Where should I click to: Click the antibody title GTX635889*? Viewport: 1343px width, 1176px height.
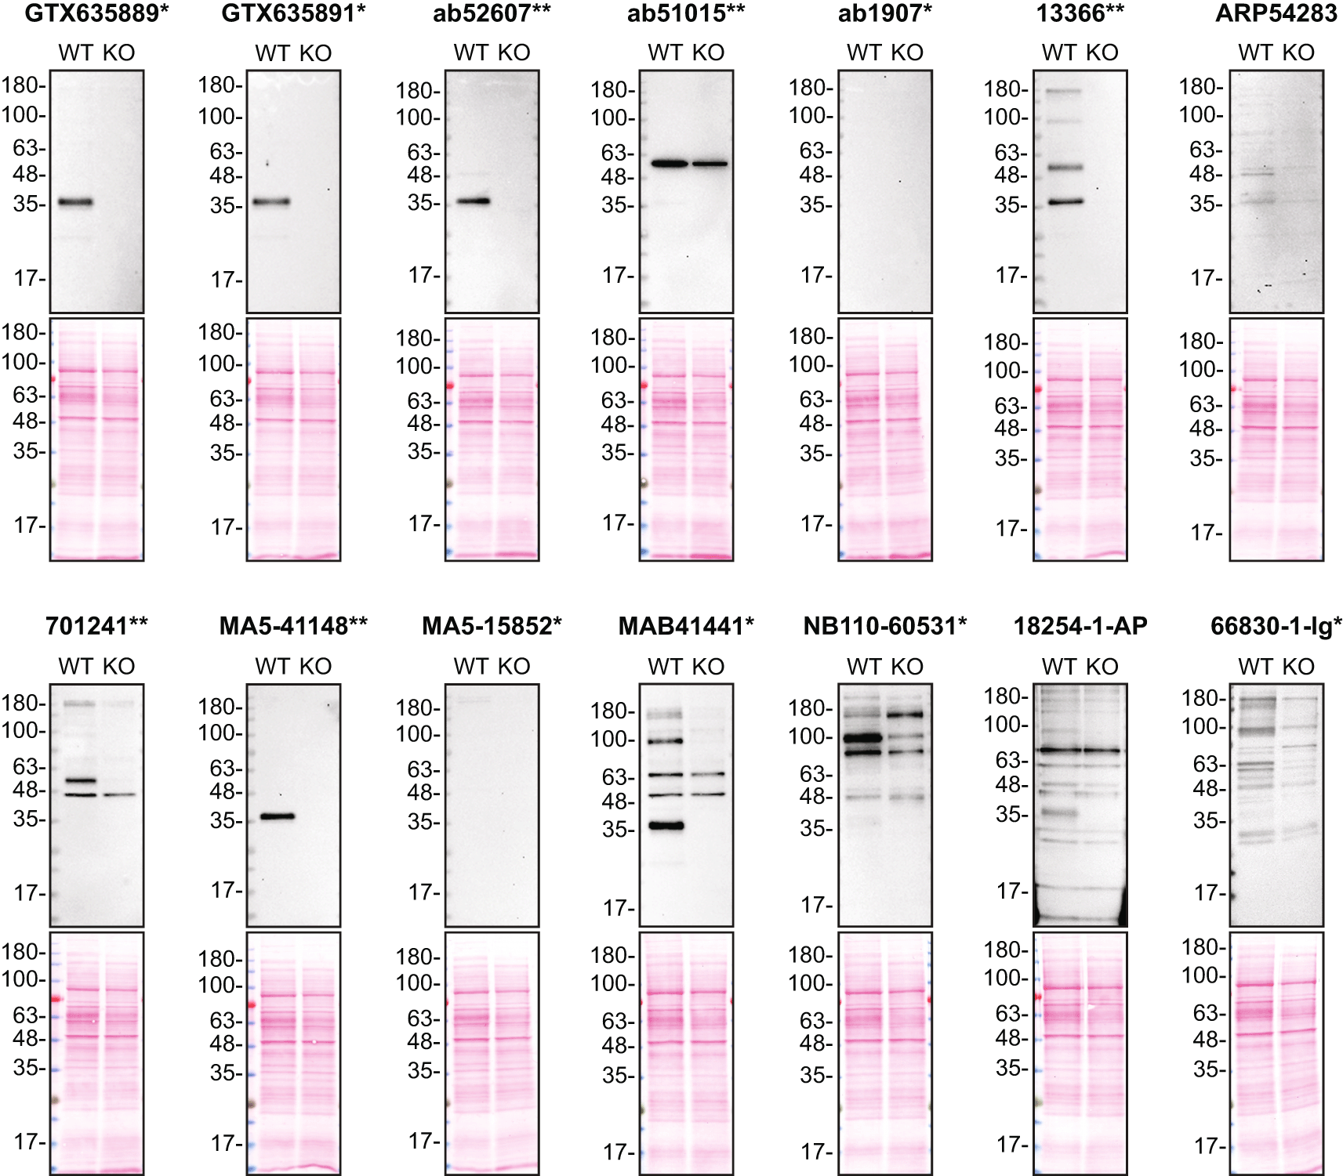(96, 13)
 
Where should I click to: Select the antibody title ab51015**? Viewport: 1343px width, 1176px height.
(685, 13)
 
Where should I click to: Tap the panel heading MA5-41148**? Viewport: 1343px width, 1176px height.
(293, 626)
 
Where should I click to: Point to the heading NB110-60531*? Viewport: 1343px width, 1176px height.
(884, 626)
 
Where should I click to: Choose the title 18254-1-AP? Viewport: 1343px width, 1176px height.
(1080, 626)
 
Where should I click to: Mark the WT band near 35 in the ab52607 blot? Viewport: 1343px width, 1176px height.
(474, 201)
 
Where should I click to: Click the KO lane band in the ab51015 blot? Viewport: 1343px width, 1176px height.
(710, 164)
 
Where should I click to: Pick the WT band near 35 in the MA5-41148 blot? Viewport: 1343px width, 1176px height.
(278, 816)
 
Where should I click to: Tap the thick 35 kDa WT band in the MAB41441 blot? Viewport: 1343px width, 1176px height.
(666, 825)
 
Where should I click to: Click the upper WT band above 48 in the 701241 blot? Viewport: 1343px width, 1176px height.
(80, 780)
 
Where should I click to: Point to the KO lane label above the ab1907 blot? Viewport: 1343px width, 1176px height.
(907, 52)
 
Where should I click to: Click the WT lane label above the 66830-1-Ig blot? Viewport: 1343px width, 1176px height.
(1254, 667)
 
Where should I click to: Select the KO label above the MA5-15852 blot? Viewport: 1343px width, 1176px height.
(514, 667)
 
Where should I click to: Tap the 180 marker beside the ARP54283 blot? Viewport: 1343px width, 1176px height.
(1200, 87)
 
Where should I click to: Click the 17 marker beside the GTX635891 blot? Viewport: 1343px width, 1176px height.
(225, 280)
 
